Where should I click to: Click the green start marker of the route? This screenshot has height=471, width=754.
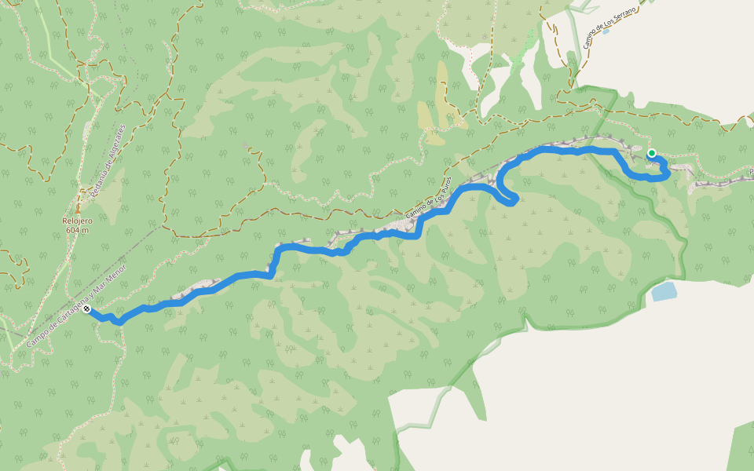651,153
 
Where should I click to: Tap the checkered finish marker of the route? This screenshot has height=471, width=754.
86,310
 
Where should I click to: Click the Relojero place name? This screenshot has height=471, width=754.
78,221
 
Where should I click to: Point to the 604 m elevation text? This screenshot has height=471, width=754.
78,230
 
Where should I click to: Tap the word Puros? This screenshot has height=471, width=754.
445,188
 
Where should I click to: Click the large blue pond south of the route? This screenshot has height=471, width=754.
663,292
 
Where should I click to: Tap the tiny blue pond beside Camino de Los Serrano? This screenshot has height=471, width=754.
605,31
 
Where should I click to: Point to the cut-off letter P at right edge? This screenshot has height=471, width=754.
751,171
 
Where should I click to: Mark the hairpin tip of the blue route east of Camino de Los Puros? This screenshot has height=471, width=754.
514,202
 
